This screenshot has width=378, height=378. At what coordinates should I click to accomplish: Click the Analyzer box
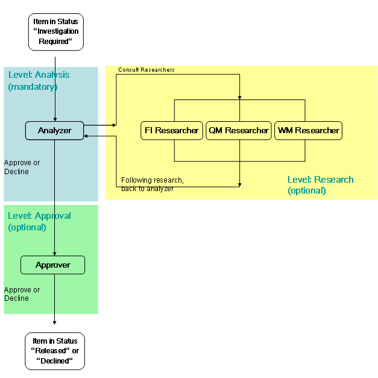tap(54, 131)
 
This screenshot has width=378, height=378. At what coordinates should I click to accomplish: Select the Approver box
tap(53, 265)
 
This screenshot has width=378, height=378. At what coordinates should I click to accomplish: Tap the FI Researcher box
tap(172, 131)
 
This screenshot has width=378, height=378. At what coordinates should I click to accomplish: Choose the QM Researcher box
tap(239, 131)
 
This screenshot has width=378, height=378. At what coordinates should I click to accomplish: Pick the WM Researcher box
tap(309, 131)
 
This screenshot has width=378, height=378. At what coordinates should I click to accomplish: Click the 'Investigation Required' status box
tap(55, 31)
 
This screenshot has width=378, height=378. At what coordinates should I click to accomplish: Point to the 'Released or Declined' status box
tap(55, 351)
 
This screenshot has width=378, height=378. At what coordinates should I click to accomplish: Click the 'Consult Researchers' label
tap(146, 70)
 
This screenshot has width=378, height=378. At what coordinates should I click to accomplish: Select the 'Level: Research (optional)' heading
tap(320, 185)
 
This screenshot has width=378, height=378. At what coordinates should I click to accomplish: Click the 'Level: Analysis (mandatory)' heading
tap(39, 81)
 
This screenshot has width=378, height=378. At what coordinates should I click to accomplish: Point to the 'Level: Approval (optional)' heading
tap(39, 221)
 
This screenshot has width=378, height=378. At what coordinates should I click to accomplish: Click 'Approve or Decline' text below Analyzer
tap(22, 167)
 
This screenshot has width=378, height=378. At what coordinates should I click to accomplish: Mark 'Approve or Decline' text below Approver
tap(22, 294)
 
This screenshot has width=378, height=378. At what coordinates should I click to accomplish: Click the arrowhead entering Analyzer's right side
tap(87, 136)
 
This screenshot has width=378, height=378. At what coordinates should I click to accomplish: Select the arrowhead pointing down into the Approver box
tap(55, 253)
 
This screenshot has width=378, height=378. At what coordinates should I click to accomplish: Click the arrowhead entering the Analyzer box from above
tap(55, 119)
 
